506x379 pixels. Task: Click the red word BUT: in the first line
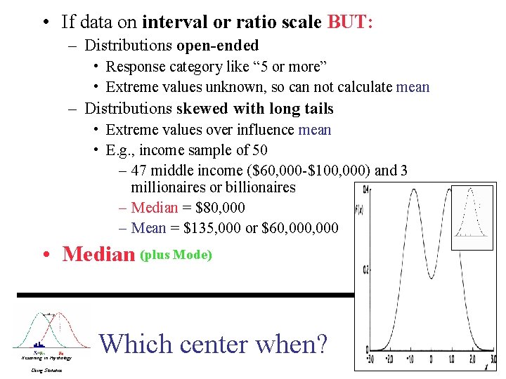[x=350, y=22]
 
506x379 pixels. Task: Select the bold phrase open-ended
[x=218, y=46]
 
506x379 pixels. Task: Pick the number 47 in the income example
[x=138, y=171]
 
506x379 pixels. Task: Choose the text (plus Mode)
[x=176, y=255]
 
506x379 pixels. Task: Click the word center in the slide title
[x=215, y=344]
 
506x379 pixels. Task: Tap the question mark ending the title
[x=320, y=344]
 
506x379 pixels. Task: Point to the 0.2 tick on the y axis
[x=365, y=269]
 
